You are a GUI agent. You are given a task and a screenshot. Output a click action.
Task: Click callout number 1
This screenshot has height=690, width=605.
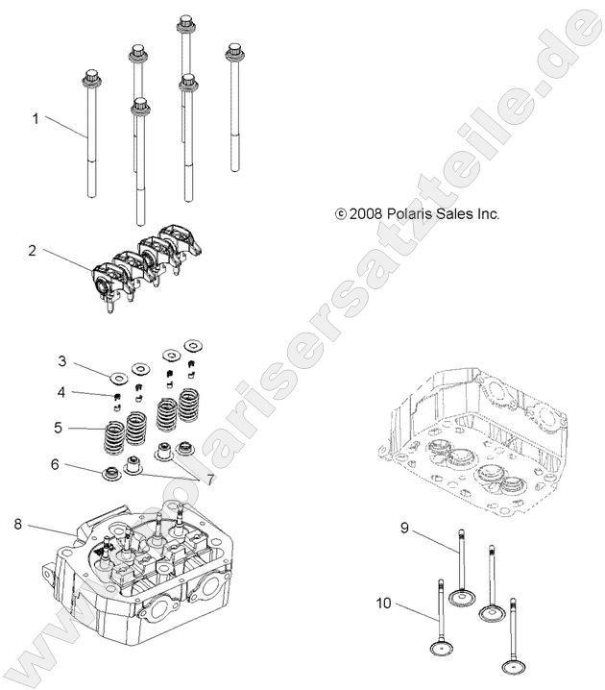pos(36,119)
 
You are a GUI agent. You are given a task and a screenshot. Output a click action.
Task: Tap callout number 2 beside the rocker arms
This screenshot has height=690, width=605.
pos(32,251)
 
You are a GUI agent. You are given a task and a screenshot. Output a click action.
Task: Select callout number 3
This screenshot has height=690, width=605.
pos(61,362)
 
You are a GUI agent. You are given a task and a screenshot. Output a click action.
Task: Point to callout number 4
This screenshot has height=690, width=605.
pos(61,392)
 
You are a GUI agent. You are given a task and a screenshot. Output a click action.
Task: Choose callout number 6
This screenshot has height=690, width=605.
pos(56,464)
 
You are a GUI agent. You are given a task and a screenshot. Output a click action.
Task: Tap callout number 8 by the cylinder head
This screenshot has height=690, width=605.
pos(18,524)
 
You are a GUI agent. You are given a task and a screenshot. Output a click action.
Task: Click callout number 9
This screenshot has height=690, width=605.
pos(405,528)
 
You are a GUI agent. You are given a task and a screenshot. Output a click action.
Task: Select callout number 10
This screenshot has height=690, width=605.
pos(384,604)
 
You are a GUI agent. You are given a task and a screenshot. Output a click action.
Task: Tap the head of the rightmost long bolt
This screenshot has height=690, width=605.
pos(232,50)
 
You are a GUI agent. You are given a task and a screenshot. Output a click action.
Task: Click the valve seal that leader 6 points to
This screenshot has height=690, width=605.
pos(112,473)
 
